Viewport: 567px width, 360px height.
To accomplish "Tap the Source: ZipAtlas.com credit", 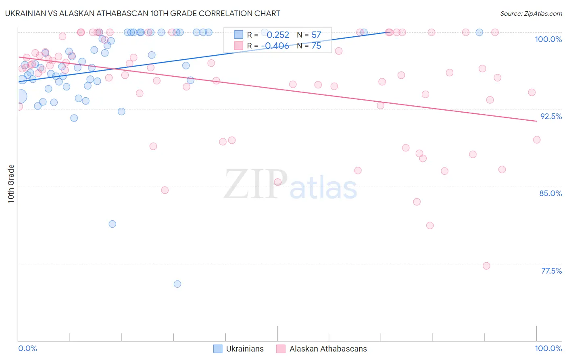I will point(531,13).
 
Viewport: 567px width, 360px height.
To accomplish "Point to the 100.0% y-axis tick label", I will point(548,39).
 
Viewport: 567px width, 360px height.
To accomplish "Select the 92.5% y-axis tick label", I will point(551,116).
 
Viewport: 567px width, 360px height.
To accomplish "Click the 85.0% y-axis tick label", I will point(550,193).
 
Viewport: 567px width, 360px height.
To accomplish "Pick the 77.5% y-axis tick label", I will point(551,271).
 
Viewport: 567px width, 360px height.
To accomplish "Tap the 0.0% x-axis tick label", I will point(27,348).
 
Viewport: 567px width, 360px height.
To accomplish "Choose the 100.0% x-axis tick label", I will point(548,348).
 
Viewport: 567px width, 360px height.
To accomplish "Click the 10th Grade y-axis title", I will point(11,184).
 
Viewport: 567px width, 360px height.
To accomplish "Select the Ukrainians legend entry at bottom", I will point(238,349).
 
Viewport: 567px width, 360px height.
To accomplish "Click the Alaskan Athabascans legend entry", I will point(321,349).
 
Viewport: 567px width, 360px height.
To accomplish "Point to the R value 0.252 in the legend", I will point(278,35).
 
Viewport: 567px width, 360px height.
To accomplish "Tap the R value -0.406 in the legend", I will point(275,46).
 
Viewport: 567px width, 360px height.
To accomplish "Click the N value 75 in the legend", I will point(316,46).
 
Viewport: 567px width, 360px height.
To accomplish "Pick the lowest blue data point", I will point(177,284).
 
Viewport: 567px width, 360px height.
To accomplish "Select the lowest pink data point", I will point(486,266).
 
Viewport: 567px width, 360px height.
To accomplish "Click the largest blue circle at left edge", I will point(19,96).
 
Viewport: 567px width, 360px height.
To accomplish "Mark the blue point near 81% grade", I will point(113,224).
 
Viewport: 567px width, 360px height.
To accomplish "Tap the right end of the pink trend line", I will point(536,121).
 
